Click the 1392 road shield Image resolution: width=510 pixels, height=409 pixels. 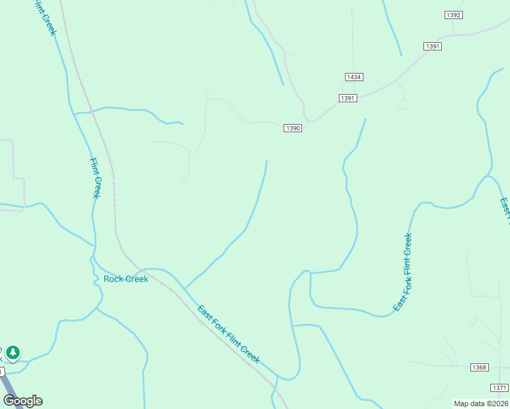(453, 15)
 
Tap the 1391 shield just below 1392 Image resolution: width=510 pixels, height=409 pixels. (433, 46)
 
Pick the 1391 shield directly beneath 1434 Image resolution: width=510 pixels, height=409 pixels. (347, 98)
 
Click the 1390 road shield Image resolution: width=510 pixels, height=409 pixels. (292, 128)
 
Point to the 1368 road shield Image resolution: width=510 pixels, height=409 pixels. (479, 367)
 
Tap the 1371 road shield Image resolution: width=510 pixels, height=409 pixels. (498, 387)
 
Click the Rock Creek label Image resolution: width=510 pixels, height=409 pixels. (125, 279)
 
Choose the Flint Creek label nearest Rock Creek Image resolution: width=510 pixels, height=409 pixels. (96, 179)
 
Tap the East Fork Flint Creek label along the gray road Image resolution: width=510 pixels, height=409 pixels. (228, 334)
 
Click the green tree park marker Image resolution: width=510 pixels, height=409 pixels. (13, 352)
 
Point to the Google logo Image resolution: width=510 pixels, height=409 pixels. (22, 400)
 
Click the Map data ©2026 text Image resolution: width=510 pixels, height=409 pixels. (481, 404)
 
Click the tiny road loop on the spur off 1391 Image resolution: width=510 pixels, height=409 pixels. (403, 104)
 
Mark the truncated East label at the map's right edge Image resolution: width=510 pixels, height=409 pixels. (505, 211)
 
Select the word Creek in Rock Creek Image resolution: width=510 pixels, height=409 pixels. (136, 279)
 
